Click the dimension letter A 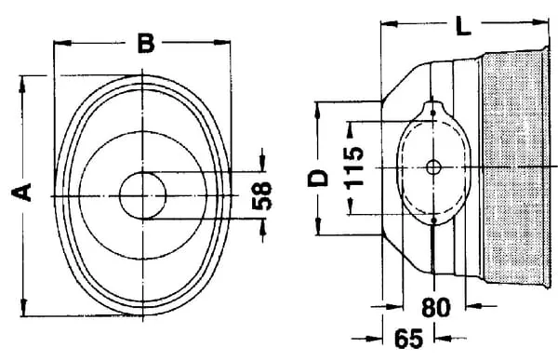pyautogui.click(x=21, y=193)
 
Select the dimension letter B pyautogui.click(x=146, y=43)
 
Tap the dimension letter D pyautogui.click(x=318, y=178)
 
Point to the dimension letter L pyautogui.click(x=464, y=26)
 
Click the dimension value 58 pyautogui.click(x=261, y=195)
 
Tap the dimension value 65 pyautogui.click(x=409, y=339)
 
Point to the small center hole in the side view pyautogui.click(x=433, y=167)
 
